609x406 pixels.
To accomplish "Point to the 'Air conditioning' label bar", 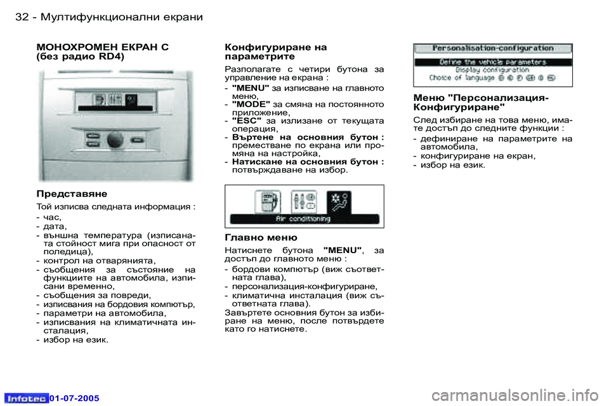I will click(x=303, y=219).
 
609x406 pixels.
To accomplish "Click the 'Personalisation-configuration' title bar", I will click(x=493, y=48).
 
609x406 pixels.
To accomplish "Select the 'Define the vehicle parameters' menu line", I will click(x=493, y=62).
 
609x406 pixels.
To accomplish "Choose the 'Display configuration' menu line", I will click(x=493, y=70).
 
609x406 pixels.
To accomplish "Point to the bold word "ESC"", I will click(x=246, y=119).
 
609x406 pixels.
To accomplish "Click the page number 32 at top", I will click(x=22, y=17).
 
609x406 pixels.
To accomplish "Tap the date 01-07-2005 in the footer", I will click(x=75, y=398).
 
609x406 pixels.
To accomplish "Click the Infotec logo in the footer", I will click(x=27, y=398).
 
